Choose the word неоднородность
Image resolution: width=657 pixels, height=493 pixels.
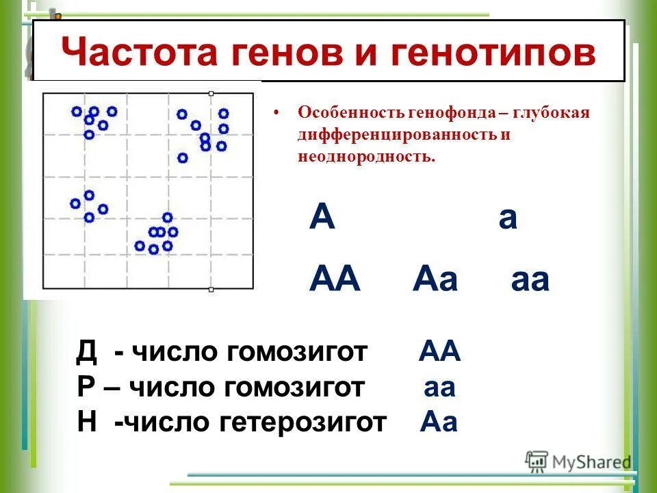(365, 156)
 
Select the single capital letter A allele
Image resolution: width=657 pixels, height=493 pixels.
(322, 219)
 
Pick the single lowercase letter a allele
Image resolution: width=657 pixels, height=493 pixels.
(508, 219)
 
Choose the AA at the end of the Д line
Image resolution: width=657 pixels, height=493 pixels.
(440, 353)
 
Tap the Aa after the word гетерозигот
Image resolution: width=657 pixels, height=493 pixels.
(439, 422)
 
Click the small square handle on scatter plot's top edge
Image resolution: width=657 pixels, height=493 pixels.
(211, 92)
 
